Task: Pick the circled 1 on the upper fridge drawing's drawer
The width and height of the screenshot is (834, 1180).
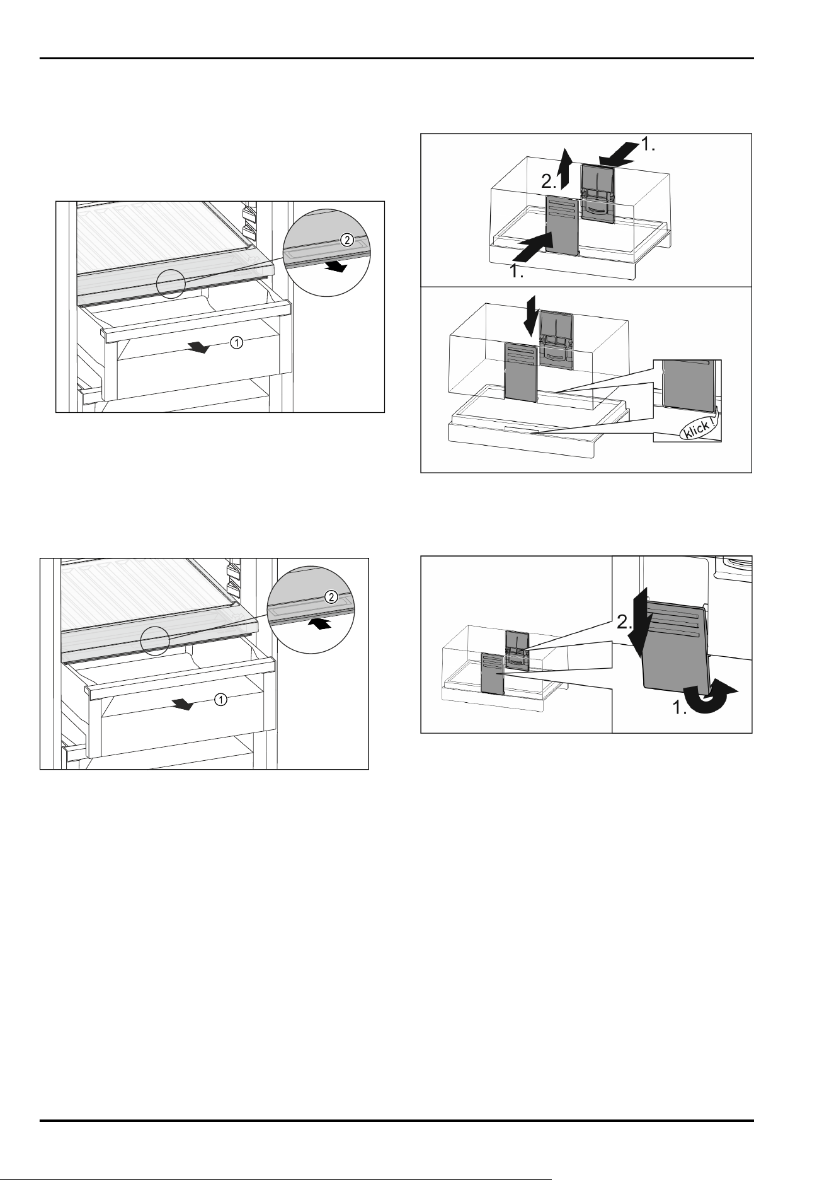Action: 236,342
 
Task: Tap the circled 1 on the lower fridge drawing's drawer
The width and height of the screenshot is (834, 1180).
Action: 220,698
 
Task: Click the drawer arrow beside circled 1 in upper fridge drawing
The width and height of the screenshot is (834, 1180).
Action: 200,347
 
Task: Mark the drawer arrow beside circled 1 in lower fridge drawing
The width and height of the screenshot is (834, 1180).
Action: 185,704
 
